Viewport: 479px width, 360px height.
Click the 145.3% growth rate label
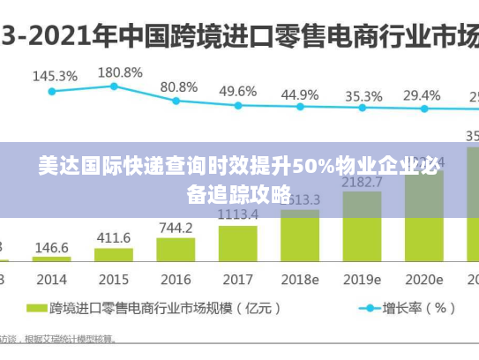coord(55,76)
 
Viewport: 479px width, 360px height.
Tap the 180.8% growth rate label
coord(119,71)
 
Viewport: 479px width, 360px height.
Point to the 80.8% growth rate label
coord(179,87)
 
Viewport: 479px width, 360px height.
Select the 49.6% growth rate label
coord(238,91)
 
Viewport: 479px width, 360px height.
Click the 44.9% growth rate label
coord(300,94)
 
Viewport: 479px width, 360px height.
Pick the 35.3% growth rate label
coord(363,96)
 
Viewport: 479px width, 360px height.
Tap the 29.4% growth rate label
coord(422,95)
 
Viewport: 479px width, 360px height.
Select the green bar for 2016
coord(176,249)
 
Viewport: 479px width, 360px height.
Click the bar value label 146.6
coord(51,249)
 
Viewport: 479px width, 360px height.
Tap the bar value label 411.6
coord(113,238)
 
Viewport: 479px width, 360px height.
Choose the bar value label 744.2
coord(176,228)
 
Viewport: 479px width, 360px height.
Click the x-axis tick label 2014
coord(51,279)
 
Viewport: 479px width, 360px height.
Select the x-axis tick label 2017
coord(237,279)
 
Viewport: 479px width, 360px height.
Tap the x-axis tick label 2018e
coord(300,279)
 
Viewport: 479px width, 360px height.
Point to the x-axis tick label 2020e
coord(424,279)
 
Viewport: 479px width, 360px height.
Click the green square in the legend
coord(36,309)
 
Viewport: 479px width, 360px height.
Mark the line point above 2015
coord(114,86)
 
